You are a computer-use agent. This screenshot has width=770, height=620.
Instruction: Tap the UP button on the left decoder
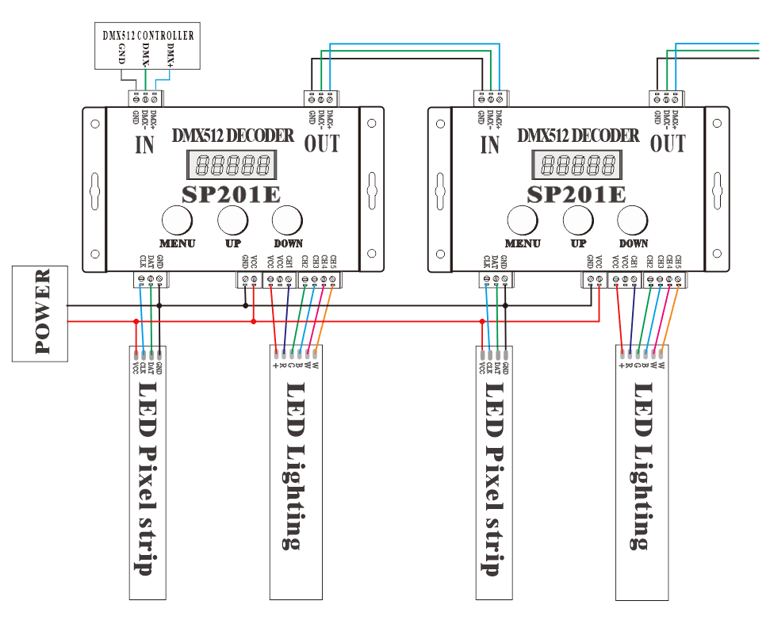(233, 220)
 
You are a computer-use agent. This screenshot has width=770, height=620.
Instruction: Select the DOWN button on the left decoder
(288, 220)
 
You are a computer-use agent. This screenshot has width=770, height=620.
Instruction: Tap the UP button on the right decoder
(578, 220)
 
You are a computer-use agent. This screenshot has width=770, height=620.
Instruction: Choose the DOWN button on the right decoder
(633, 220)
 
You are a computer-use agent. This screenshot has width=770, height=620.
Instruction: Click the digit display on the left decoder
(232, 166)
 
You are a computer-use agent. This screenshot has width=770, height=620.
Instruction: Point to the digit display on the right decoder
(577, 166)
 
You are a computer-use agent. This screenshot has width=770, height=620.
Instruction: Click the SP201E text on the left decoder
(232, 194)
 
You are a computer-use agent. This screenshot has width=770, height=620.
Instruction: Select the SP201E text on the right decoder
(577, 194)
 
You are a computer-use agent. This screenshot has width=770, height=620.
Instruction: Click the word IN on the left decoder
(144, 145)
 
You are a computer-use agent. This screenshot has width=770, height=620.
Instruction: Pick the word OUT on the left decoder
(322, 144)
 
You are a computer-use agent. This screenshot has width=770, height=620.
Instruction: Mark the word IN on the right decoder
(490, 145)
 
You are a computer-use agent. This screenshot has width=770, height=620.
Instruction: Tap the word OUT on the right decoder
(668, 144)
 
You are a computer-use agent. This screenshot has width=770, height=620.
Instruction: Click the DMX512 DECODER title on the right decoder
(578, 136)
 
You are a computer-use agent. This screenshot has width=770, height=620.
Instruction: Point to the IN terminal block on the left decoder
(146, 98)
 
